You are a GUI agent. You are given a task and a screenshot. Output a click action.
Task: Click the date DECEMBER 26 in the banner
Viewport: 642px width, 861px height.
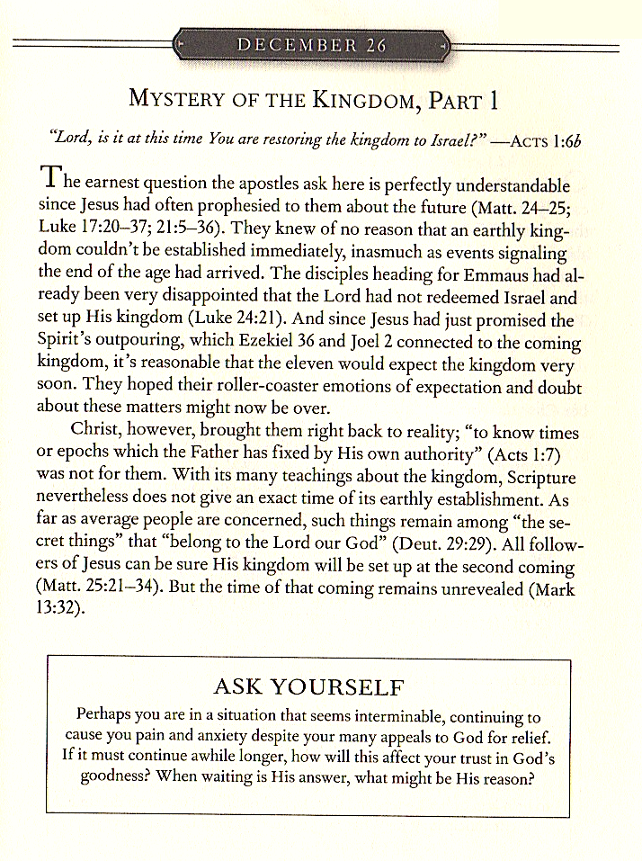coord(311,44)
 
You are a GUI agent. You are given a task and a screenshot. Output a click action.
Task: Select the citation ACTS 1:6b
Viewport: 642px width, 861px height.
coord(548,140)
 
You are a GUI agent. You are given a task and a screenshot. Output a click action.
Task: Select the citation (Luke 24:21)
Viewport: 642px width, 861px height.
coord(267,321)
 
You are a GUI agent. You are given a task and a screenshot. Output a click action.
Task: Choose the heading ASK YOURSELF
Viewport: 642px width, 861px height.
coord(308,688)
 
